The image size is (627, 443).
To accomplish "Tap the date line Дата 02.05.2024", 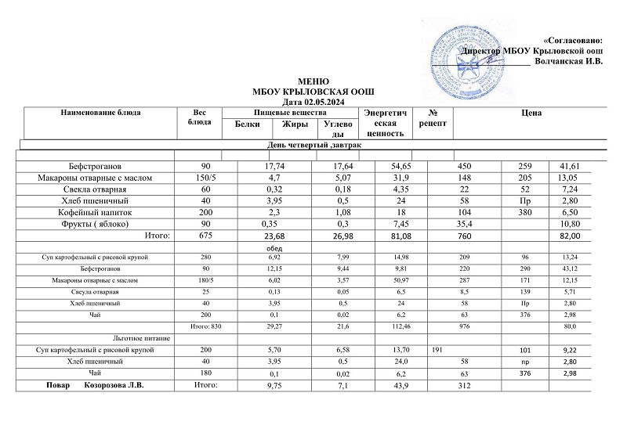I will coord(313,103).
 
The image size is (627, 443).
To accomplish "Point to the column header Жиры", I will coord(295,124).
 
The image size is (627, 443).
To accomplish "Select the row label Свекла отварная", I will coord(94,189).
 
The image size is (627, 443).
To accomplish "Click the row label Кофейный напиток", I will coord(94,212).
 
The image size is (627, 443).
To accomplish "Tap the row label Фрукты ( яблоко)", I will coord(94,223).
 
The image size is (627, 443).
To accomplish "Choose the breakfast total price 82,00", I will coord(570,235).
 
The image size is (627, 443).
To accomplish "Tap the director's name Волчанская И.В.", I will coord(567,62).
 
